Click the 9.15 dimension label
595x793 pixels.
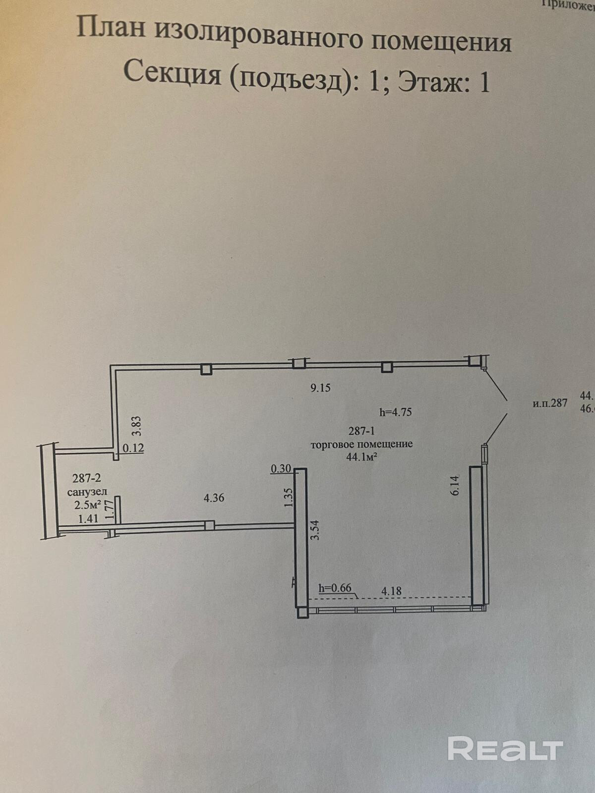click(320, 388)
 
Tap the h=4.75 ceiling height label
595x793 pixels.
click(395, 411)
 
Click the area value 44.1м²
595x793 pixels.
click(361, 457)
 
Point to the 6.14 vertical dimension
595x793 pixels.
click(456, 485)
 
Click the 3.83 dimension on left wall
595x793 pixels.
click(137, 425)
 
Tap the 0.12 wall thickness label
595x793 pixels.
click(133, 448)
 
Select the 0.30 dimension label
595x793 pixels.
click(281, 468)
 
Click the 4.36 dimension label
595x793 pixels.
click(214, 498)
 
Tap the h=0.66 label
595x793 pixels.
click(335, 588)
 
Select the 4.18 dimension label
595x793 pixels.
click(391, 591)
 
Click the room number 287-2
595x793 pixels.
click(86, 478)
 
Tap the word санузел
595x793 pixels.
click(87, 492)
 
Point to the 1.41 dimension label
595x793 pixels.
click(89, 519)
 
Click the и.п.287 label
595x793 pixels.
click(550, 402)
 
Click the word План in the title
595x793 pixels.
click(111, 28)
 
